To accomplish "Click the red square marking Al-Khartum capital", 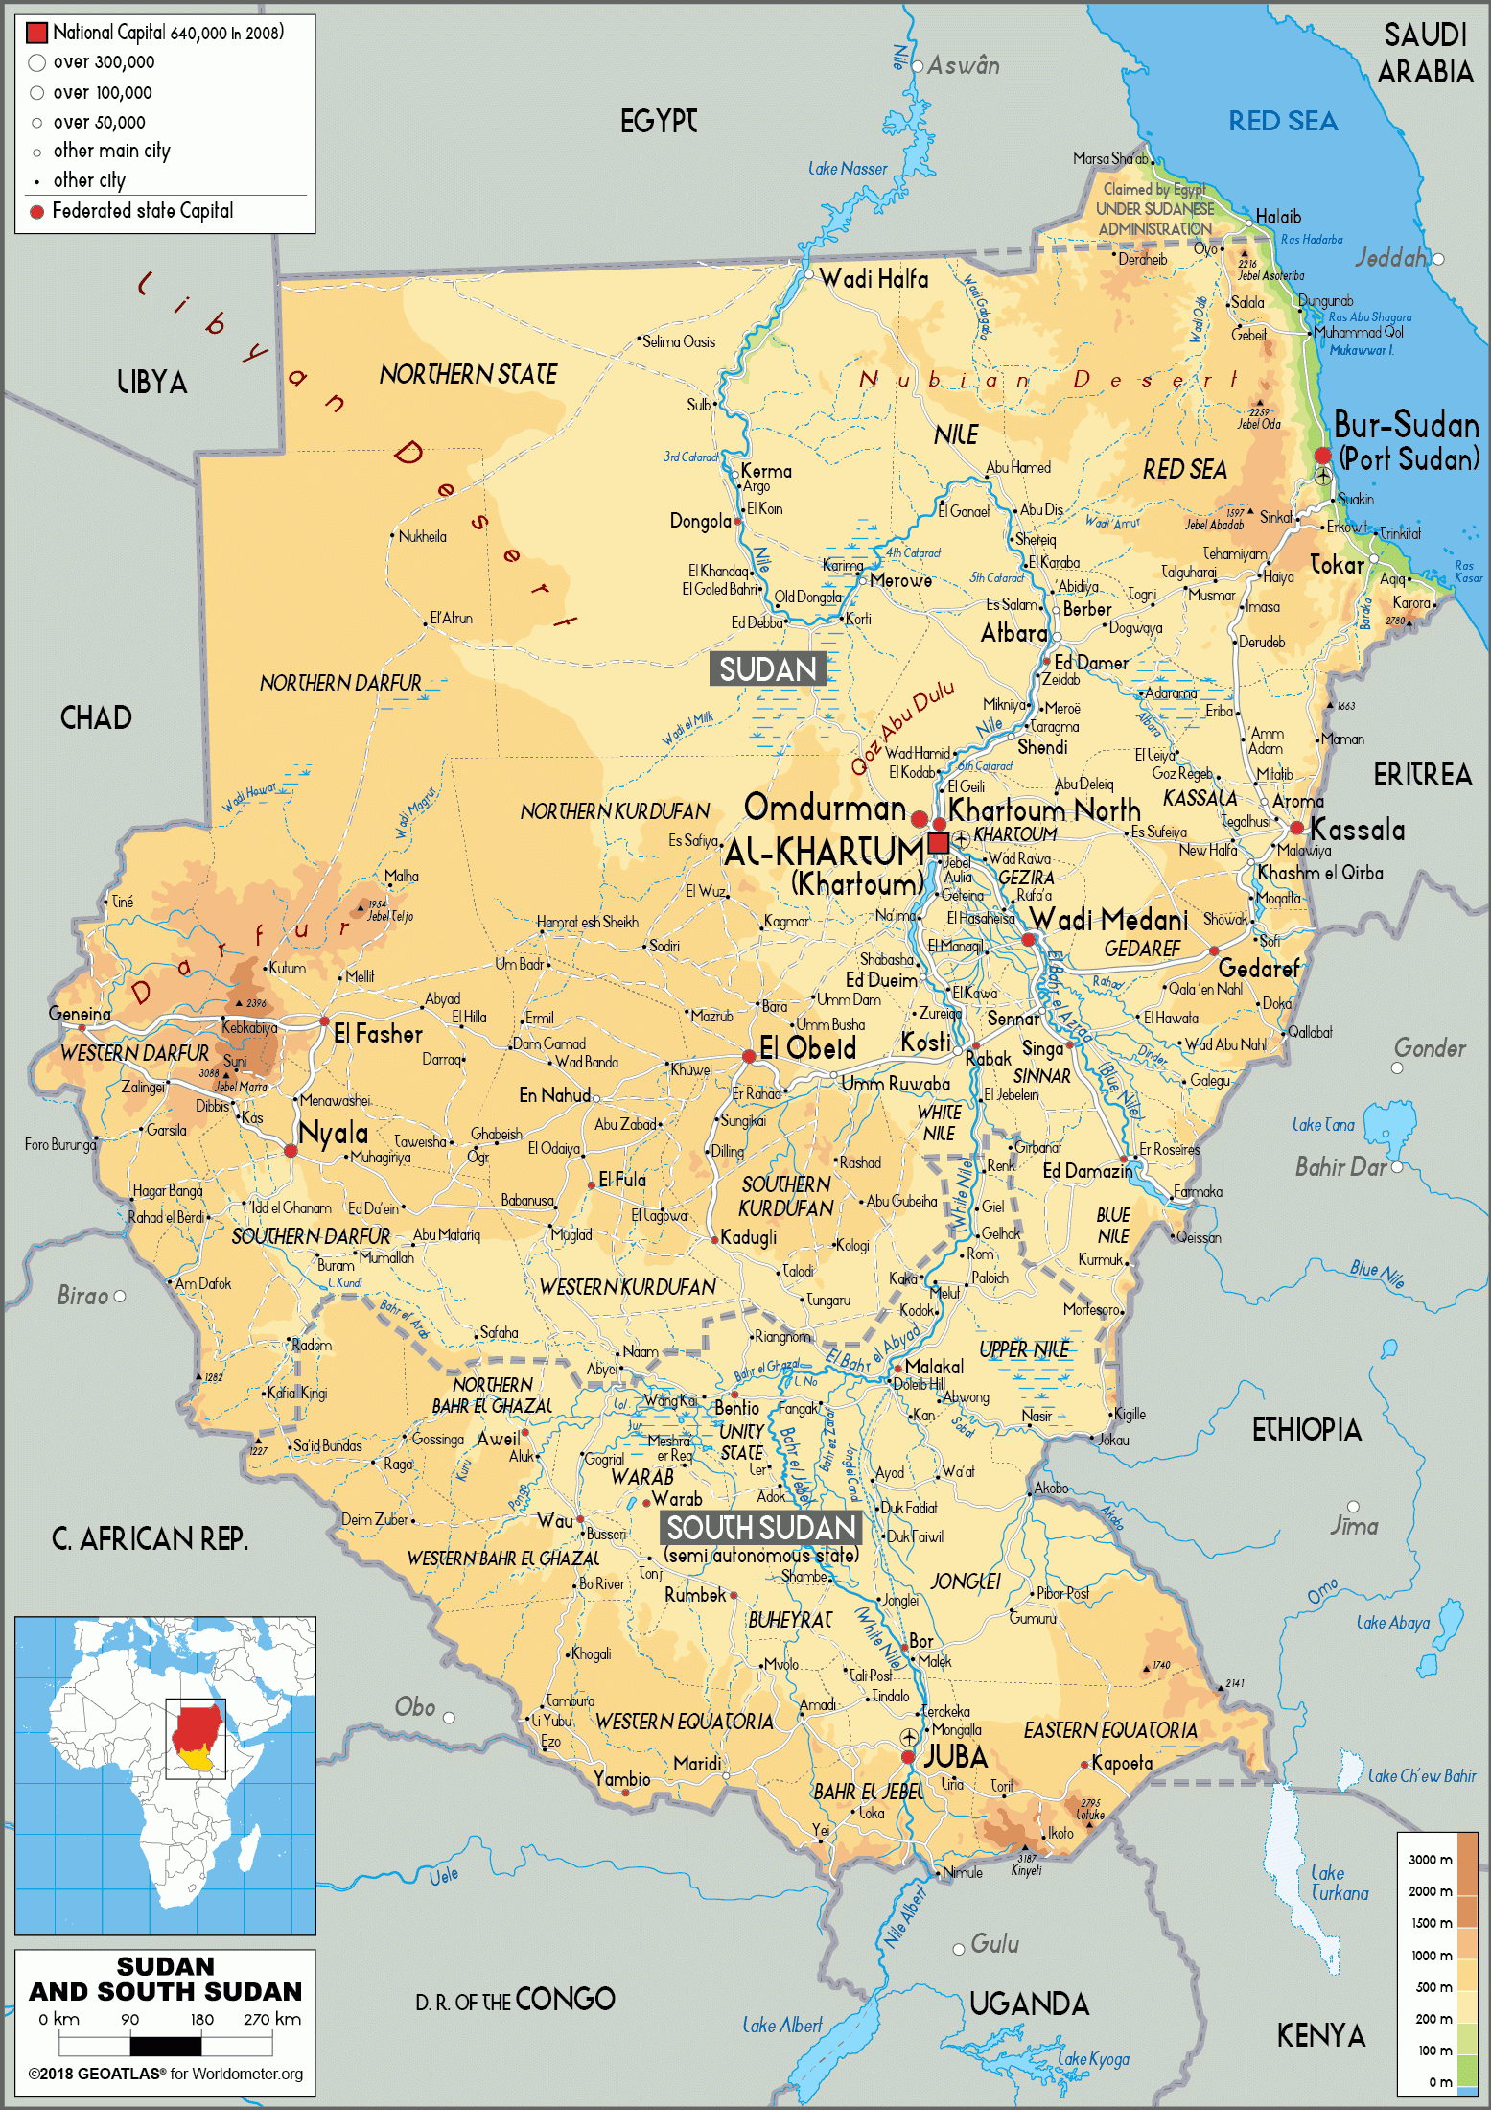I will pyautogui.click(x=939, y=843).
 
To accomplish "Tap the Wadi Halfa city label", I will pyautogui.click(x=874, y=279).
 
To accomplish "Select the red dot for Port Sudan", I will pyautogui.click(x=1323, y=456).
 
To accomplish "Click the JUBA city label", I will pyautogui.click(x=955, y=1757).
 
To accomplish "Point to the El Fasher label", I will pyautogui.click(x=378, y=1034).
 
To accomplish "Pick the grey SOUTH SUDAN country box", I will pyautogui.click(x=761, y=1528).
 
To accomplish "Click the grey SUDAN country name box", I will pyautogui.click(x=767, y=668).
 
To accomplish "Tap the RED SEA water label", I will pyautogui.click(x=1283, y=122).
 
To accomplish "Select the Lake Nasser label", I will pyautogui.click(x=848, y=169).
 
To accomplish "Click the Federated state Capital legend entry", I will pyautogui.click(x=142, y=211).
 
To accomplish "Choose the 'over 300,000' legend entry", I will pyautogui.click(x=103, y=62).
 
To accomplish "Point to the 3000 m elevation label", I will pyautogui.click(x=1430, y=1860).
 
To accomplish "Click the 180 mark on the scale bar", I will pyautogui.click(x=201, y=2019).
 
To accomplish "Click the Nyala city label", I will pyautogui.click(x=333, y=1133).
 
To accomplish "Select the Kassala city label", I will pyautogui.click(x=1357, y=830).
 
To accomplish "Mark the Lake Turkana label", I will pyautogui.click(x=1340, y=1883).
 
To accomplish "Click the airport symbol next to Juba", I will pyautogui.click(x=909, y=1738).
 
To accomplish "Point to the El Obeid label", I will pyautogui.click(x=807, y=1048).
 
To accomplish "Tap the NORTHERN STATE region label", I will pyautogui.click(x=468, y=375).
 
